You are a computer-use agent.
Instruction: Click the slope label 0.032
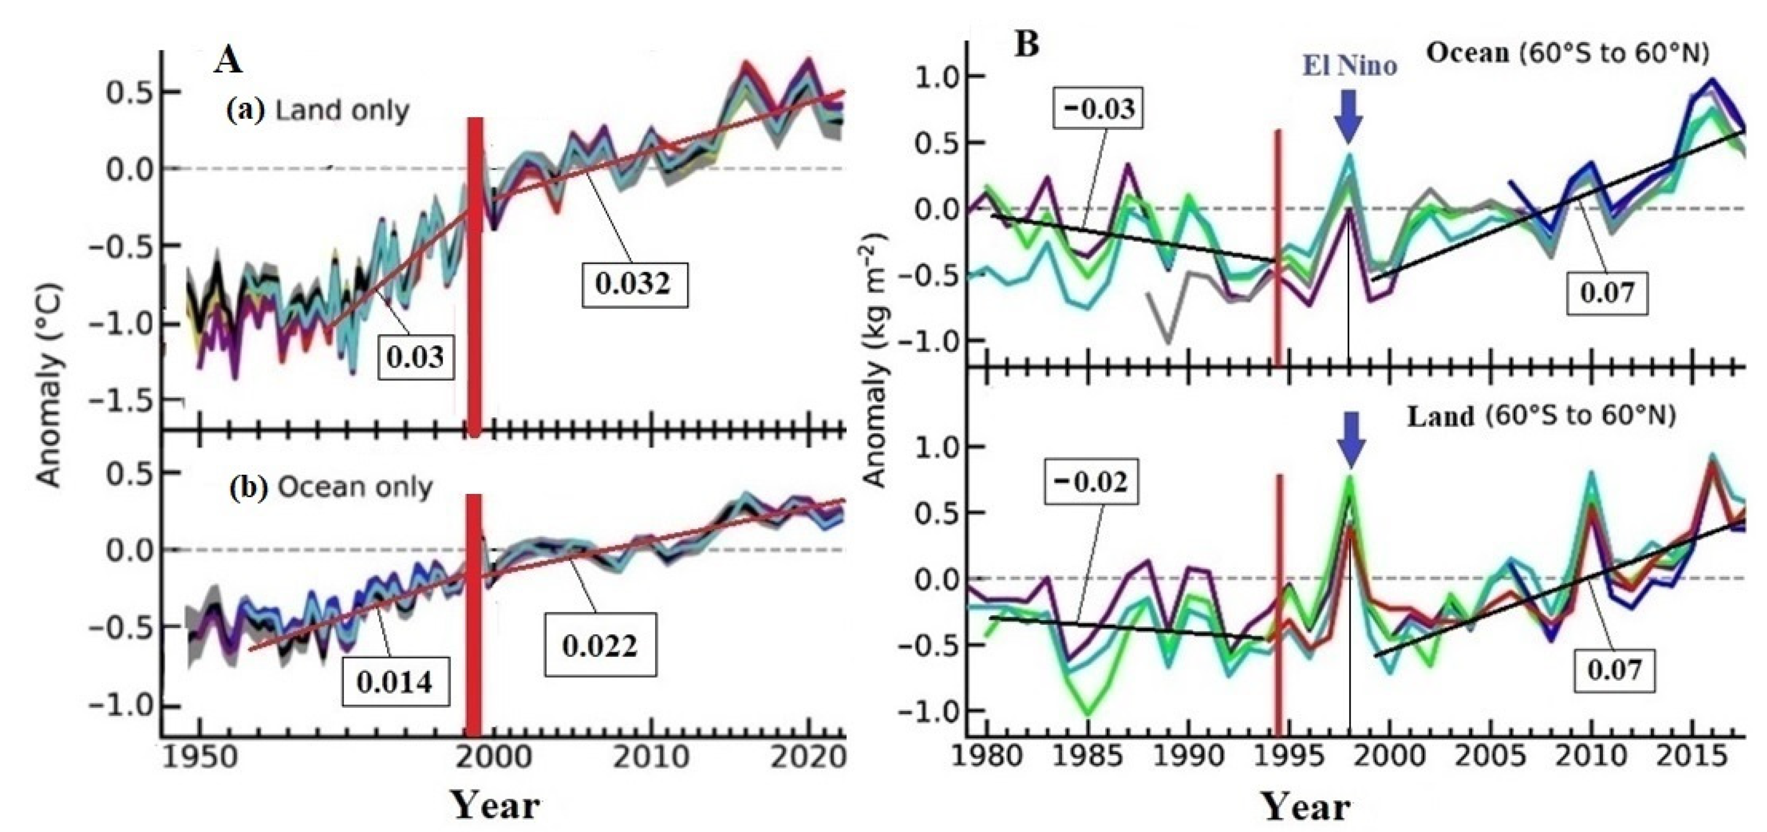pos(632,284)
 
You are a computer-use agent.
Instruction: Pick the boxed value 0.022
pos(600,646)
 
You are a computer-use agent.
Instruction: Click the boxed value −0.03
pos(1098,109)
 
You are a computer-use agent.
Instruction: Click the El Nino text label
pos(1349,66)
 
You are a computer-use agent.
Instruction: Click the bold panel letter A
pos(228,60)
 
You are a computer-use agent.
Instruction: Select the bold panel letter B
pos(1026,45)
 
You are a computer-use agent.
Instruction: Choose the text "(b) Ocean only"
pos(331,488)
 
